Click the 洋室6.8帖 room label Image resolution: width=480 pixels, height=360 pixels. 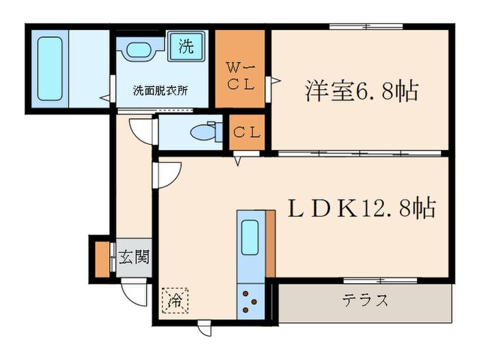361,91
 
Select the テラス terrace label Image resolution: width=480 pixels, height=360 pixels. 365,300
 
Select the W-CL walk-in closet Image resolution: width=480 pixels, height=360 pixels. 241,75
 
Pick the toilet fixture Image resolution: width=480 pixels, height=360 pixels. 206,131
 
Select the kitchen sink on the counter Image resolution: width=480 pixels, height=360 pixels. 250,237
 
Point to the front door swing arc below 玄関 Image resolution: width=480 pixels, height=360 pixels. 136,293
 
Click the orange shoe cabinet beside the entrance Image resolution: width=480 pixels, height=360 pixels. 102,259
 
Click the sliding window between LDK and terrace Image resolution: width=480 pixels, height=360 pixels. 381,280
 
